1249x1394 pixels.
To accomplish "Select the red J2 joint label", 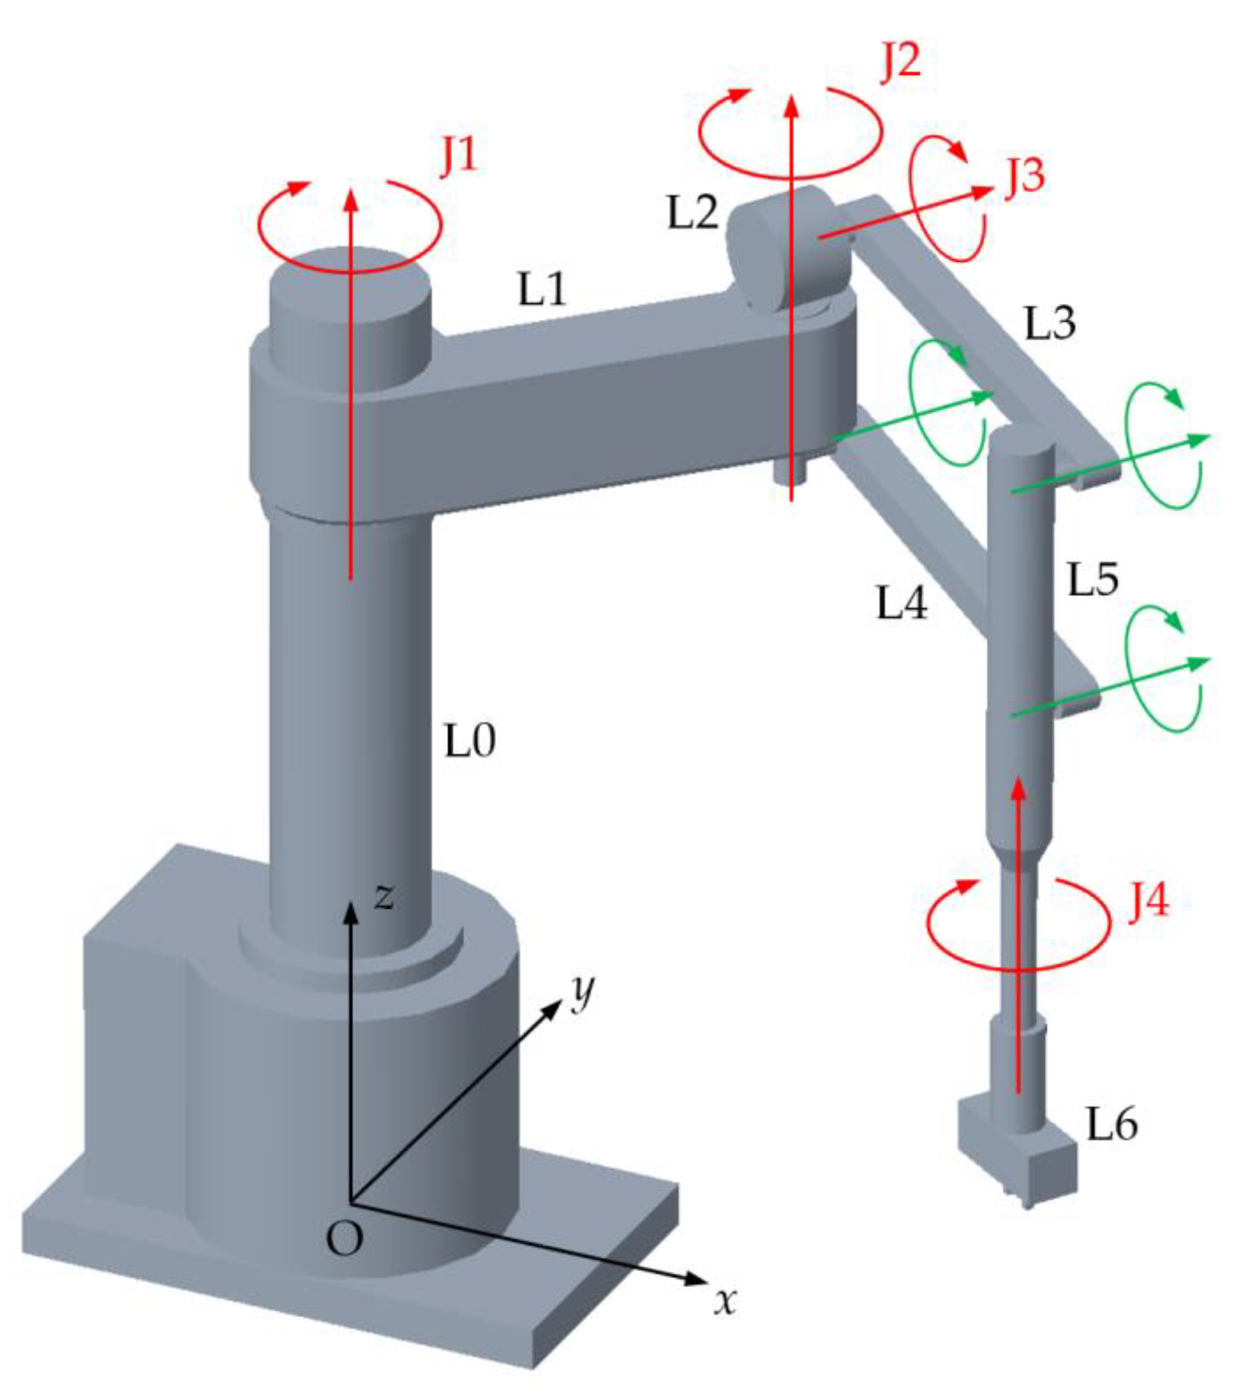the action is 900,60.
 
